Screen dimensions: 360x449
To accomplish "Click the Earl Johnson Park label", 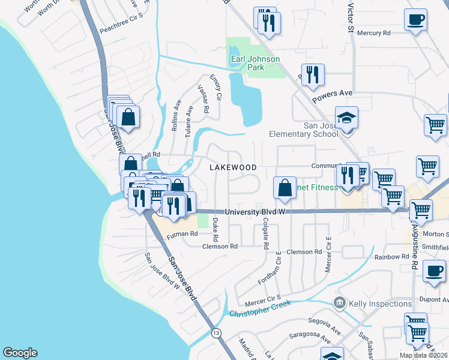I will pos(256,63).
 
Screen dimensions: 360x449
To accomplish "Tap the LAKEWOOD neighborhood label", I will pos(233,167).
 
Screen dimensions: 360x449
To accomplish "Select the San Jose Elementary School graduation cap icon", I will pos(346,117).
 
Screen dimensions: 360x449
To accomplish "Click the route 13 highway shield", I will pos(215,332).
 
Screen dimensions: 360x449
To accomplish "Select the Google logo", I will pos(20,353).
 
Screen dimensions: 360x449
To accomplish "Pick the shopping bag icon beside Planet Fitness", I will pos(285,187).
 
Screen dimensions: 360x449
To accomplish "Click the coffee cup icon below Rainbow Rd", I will pos(433,271).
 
